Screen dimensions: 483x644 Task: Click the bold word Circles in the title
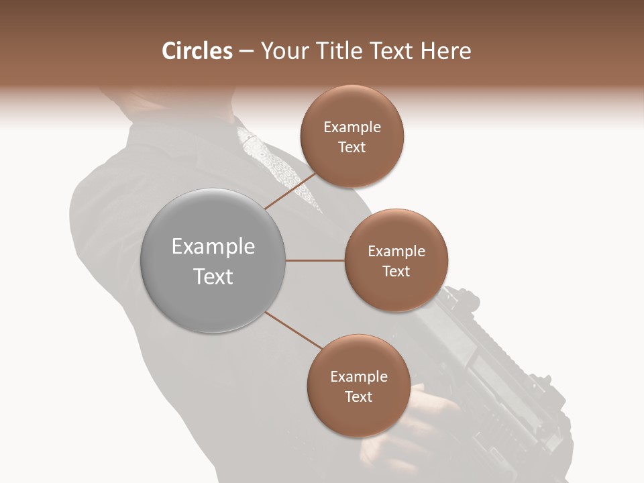(x=197, y=51)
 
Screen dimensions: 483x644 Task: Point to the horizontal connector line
(x=315, y=260)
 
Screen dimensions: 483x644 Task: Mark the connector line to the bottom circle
(x=293, y=330)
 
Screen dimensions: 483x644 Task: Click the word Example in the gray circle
(x=213, y=247)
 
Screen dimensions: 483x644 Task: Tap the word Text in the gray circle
(x=213, y=276)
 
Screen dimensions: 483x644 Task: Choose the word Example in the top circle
(x=352, y=127)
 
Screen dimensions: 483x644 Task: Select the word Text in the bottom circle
(x=358, y=396)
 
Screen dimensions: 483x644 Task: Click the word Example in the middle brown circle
(x=396, y=252)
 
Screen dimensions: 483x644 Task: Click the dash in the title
(x=246, y=52)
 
